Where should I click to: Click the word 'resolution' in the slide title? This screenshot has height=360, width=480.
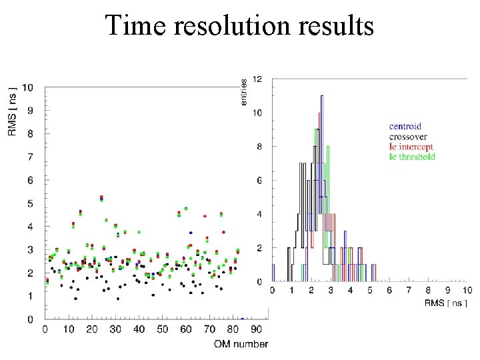239,26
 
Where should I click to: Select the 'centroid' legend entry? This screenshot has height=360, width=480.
405,126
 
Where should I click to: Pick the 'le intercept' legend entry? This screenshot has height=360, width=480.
411,146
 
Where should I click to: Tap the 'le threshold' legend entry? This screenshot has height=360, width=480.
412,157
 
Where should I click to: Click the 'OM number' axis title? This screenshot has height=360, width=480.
241,344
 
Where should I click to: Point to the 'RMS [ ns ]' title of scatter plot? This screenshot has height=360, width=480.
13,110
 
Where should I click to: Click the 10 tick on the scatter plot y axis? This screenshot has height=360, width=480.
28,87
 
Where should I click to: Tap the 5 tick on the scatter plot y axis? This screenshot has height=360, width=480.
31,203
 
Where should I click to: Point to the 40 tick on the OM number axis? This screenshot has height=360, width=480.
139,329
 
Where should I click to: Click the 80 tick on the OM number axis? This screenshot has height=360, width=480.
233,329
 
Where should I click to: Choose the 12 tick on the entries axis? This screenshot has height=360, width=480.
257,79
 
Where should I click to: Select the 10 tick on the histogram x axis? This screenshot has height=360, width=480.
467,291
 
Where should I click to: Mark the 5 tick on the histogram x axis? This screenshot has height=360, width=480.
369,291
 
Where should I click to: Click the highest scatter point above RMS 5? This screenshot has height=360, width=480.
101,197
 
